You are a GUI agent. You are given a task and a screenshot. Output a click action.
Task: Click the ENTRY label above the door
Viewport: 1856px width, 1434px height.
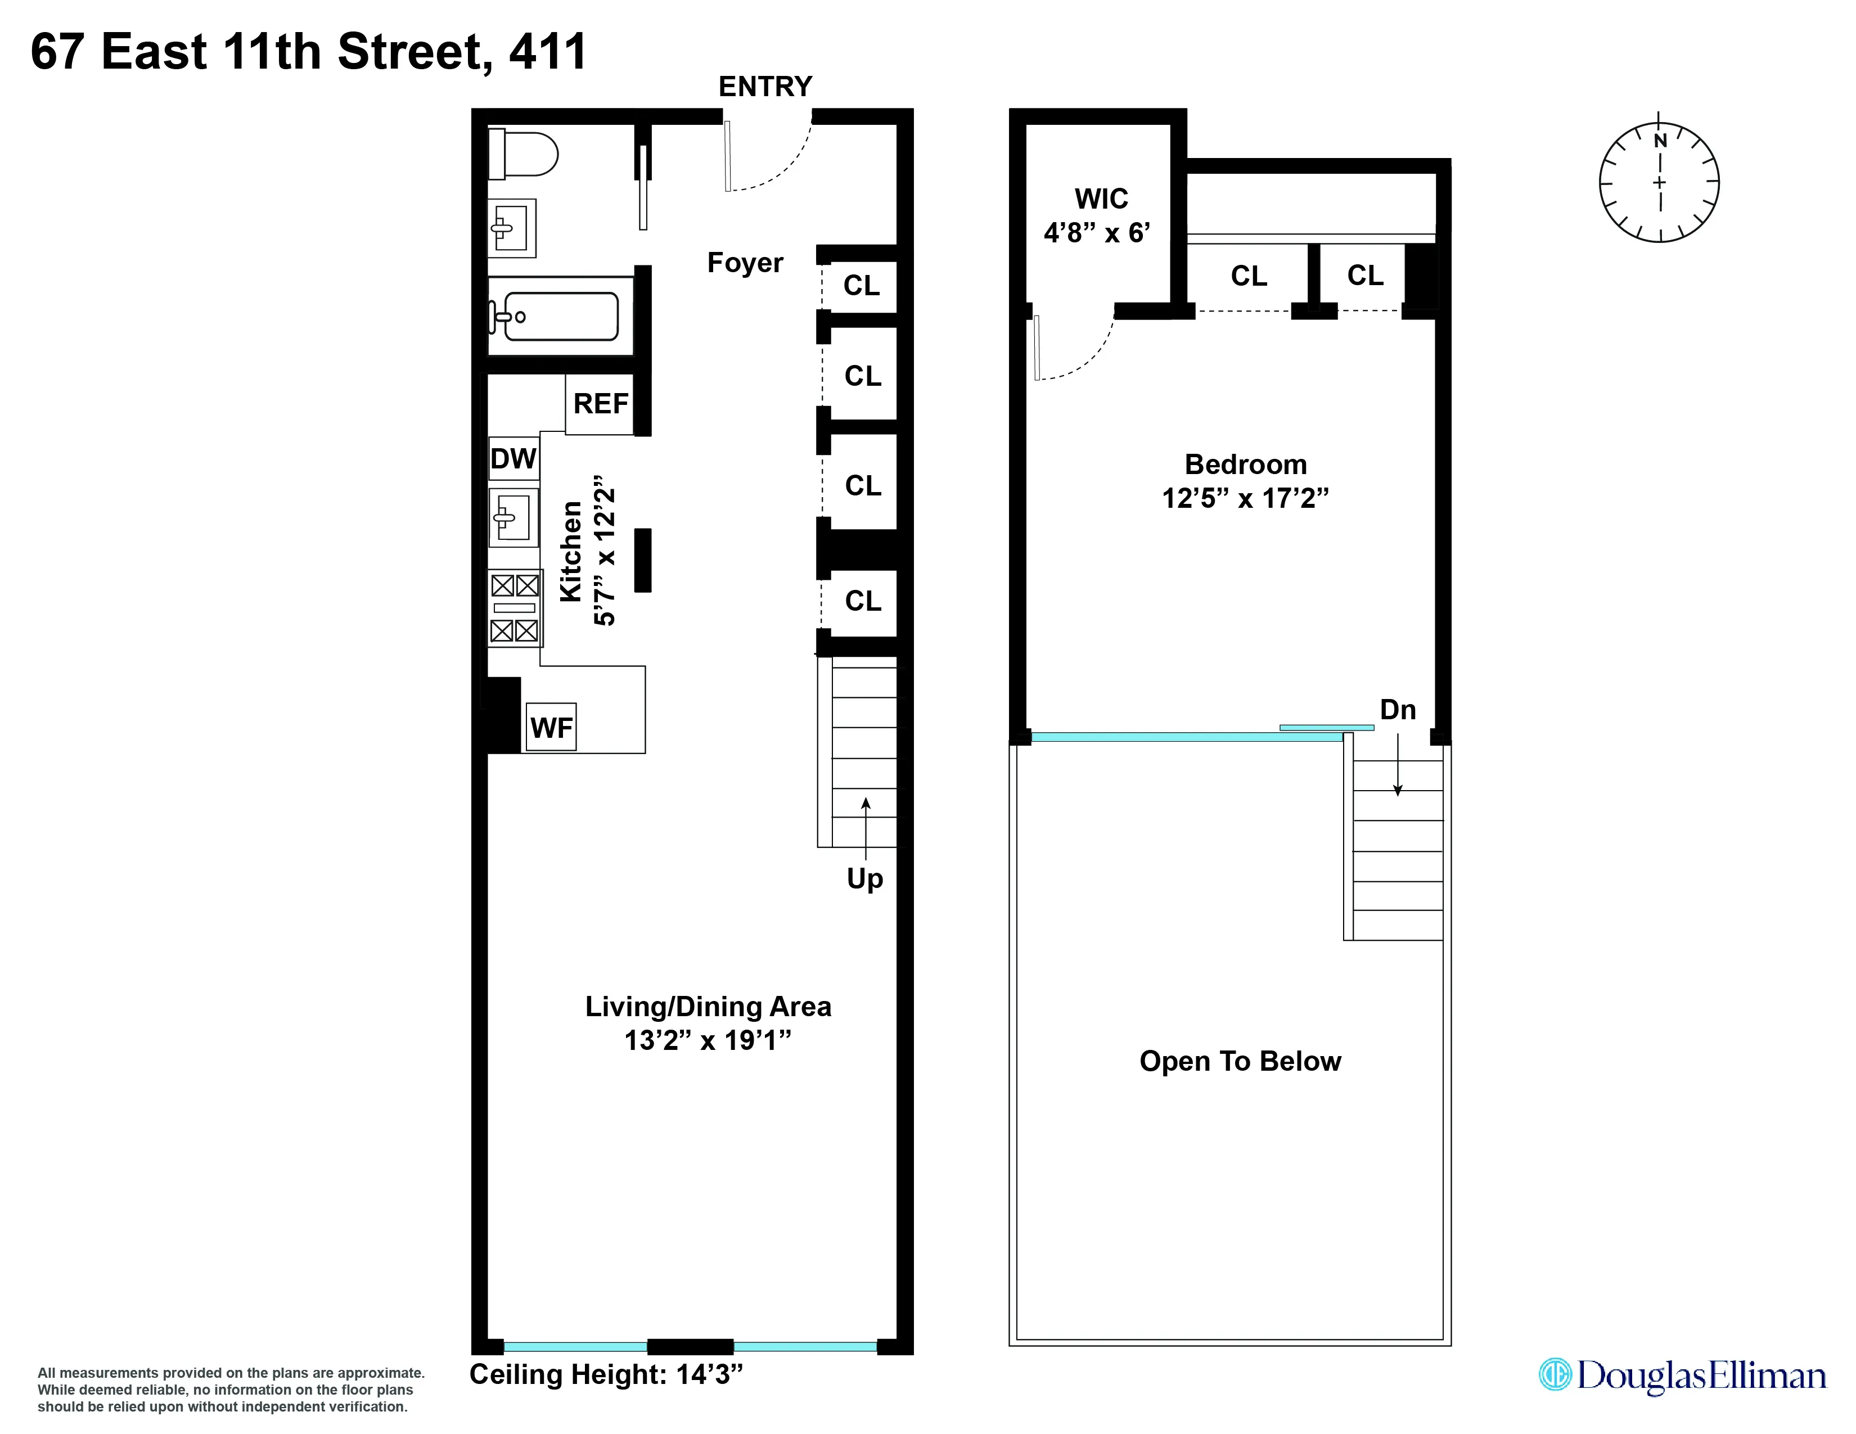click(x=765, y=87)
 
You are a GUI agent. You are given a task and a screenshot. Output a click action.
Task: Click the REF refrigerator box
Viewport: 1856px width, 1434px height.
click(x=601, y=404)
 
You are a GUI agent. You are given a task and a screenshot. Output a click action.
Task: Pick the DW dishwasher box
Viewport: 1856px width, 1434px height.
click(x=513, y=459)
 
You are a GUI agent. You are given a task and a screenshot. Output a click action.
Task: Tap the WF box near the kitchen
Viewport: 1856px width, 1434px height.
click(x=551, y=727)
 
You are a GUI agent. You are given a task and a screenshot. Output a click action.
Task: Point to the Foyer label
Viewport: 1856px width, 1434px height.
click(x=745, y=263)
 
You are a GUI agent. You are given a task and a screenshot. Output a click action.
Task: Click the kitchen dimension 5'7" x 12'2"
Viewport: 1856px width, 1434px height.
click(x=604, y=551)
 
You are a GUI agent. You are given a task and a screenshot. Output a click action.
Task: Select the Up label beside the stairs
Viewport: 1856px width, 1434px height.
click(x=864, y=878)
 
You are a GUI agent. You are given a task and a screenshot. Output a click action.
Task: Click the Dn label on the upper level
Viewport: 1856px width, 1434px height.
click(x=1397, y=709)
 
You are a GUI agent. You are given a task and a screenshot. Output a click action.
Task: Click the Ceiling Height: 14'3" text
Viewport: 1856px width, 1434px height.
click(x=606, y=1374)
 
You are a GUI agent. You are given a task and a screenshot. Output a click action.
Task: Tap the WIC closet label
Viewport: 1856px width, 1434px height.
click(x=1101, y=199)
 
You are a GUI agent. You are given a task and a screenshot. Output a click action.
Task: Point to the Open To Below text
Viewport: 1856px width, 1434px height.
click(x=1240, y=1061)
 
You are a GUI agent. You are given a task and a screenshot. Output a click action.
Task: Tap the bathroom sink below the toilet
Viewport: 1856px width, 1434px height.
click(x=512, y=228)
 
